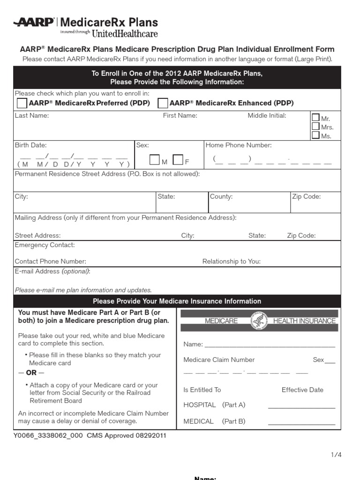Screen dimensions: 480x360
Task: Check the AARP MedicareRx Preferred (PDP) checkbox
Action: (x=22, y=103)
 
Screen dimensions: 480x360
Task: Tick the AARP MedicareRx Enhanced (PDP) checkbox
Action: (x=163, y=103)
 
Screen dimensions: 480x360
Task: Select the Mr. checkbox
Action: (x=316, y=118)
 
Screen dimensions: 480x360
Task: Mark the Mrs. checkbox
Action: (x=316, y=126)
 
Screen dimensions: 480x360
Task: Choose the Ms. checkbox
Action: (x=316, y=135)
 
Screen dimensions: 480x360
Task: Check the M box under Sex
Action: (x=155, y=160)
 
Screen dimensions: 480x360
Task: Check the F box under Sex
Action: (x=178, y=160)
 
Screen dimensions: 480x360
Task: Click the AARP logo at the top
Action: (x=34, y=22)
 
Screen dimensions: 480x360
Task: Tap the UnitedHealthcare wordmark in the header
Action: (x=125, y=33)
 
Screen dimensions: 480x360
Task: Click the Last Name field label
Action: (x=32, y=115)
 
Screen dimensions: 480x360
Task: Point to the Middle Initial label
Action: (x=267, y=115)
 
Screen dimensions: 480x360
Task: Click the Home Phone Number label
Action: (x=239, y=145)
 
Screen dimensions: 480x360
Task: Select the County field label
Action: (x=221, y=196)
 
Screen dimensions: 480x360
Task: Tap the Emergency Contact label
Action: (x=45, y=245)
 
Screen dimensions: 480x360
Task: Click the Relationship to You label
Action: (x=232, y=261)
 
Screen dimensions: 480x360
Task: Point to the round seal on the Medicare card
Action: (x=258, y=321)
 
